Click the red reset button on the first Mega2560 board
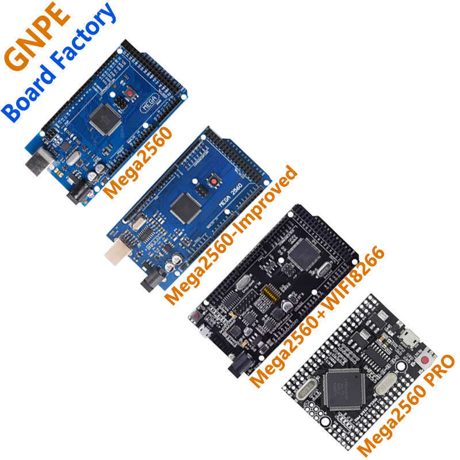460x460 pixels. coord(132,92)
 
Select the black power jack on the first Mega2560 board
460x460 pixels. coord(77,196)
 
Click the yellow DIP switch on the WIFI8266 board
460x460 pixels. coord(270,296)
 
